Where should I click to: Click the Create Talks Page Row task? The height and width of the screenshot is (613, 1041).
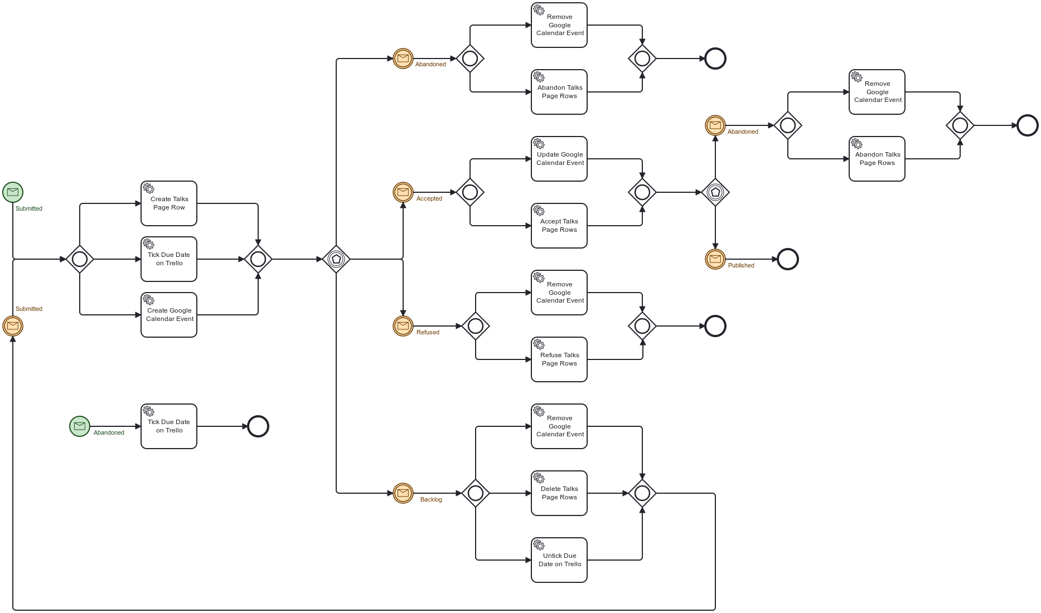(169, 203)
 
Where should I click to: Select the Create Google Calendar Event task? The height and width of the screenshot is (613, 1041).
(169, 315)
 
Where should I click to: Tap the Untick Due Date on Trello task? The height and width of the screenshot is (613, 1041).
(559, 560)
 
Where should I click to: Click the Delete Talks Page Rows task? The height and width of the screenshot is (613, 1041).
(559, 493)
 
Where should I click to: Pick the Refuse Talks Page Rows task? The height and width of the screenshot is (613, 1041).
(559, 359)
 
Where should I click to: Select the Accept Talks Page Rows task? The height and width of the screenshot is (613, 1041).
(559, 226)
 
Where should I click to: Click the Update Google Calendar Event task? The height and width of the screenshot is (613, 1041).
(559, 159)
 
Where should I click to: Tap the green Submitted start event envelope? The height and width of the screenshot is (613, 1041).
(13, 192)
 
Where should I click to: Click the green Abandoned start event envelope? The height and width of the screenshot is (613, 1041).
(80, 426)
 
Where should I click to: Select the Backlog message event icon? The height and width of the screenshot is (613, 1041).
(403, 493)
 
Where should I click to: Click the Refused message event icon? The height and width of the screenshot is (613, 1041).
(403, 326)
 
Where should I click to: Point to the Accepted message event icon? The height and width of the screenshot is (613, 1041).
(403, 192)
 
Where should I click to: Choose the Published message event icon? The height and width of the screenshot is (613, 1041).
(715, 259)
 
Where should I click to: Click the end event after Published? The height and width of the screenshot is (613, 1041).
(788, 259)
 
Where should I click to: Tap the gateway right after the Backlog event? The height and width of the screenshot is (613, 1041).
(476, 493)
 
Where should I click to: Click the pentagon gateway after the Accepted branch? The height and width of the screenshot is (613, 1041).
(715, 192)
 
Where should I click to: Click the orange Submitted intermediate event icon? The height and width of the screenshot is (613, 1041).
(13, 326)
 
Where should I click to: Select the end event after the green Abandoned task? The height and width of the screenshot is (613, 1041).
(258, 426)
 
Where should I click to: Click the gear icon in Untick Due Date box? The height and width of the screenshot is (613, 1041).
(539, 545)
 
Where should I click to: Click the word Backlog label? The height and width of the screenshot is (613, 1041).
(431, 499)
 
